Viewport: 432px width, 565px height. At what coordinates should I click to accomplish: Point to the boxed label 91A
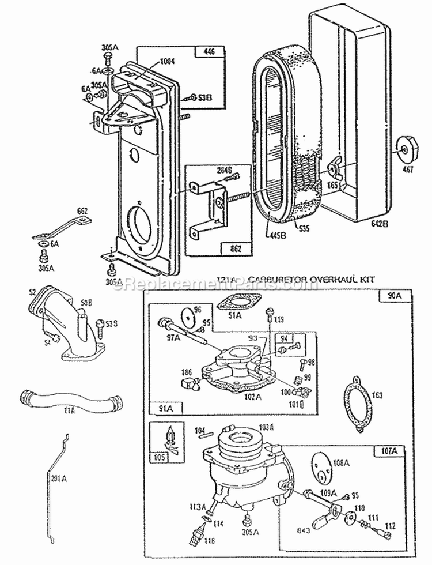point(164,408)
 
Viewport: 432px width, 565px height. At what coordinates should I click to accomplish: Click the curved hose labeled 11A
point(70,399)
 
